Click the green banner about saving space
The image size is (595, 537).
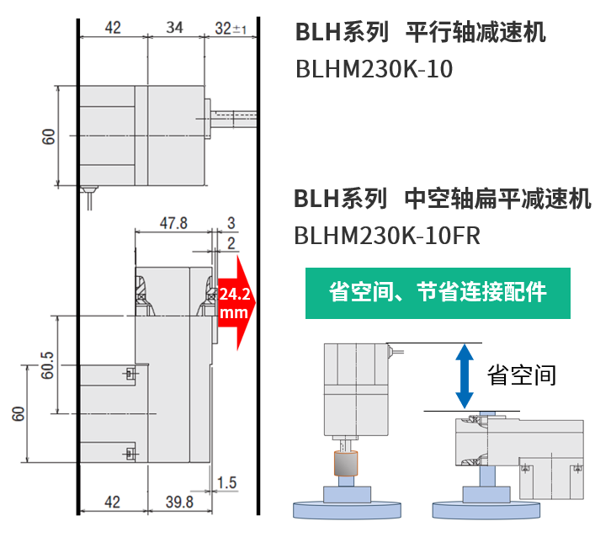pyautogui.click(x=437, y=293)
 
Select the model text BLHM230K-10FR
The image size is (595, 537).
pyautogui.click(x=386, y=236)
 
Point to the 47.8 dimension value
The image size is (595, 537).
pyautogui.click(x=173, y=223)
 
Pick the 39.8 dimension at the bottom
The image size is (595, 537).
pyautogui.click(x=179, y=502)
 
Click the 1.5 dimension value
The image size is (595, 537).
pyautogui.click(x=226, y=483)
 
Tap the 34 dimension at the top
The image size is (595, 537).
pyautogui.click(x=174, y=28)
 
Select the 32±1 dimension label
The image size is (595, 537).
pyautogui.click(x=230, y=28)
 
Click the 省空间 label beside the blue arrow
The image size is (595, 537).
pyautogui.click(x=522, y=375)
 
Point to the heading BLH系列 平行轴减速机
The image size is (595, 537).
pyautogui.click(x=420, y=34)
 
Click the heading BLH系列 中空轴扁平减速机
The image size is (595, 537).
pyautogui.click(x=442, y=199)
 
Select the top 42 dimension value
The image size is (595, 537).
pyautogui.click(x=112, y=28)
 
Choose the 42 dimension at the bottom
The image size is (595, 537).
pyautogui.click(x=112, y=502)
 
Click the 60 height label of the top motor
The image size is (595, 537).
pyautogui.click(x=49, y=136)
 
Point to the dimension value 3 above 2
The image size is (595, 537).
pyautogui.click(x=231, y=223)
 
